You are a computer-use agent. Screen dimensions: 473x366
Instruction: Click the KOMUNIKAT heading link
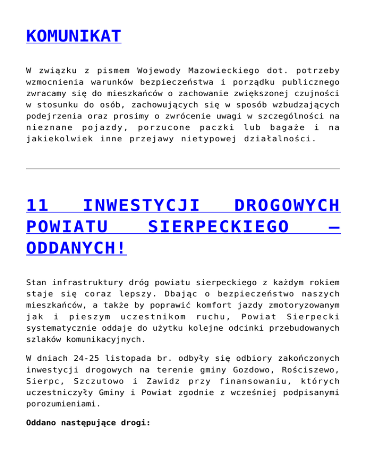[74, 36]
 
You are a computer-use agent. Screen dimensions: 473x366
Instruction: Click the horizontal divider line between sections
[183, 168]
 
